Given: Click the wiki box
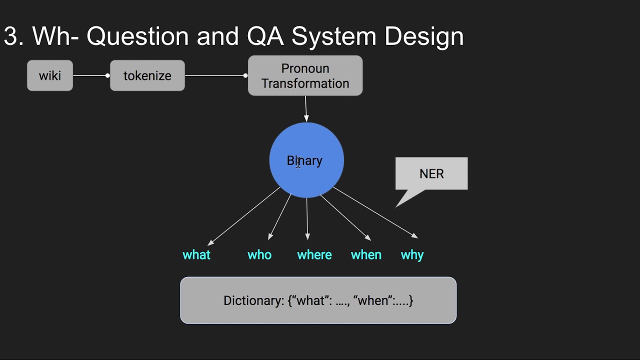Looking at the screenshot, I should click(x=50, y=75).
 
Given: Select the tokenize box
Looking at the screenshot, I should click(x=147, y=75).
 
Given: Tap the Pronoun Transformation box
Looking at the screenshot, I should click(x=305, y=75).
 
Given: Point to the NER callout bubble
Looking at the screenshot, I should click(x=431, y=173).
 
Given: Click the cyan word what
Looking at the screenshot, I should click(x=196, y=255).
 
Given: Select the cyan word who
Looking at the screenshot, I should click(x=259, y=255).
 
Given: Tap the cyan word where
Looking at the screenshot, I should click(x=314, y=255).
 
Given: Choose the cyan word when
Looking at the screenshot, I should click(x=366, y=255).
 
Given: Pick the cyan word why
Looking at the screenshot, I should click(x=412, y=255).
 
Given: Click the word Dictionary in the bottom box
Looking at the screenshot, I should click(x=253, y=300).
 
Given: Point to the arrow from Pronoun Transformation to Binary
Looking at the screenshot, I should click(x=306, y=108).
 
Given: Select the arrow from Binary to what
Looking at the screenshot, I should click(x=244, y=216).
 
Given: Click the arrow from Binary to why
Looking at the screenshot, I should click(x=375, y=212).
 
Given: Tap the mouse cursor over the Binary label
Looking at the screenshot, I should click(x=298, y=162).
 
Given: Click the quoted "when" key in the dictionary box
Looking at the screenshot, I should click(x=371, y=300).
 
